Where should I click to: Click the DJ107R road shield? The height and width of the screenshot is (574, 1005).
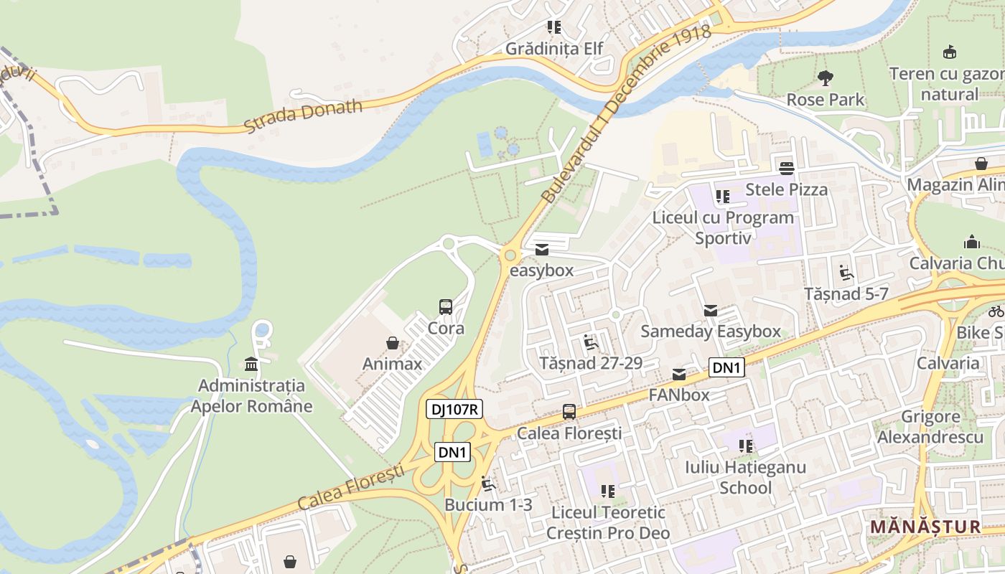tap(454, 410)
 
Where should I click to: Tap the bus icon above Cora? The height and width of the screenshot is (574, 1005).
tap(446, 307)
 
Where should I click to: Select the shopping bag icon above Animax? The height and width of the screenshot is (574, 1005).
tap(393, 342)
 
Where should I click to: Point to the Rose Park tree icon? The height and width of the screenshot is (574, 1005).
tap(826, 77)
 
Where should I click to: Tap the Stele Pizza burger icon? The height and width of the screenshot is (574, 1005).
tap(787, 168)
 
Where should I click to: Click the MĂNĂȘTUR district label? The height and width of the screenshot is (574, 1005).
tap(925, 527)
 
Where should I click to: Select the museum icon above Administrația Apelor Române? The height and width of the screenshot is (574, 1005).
tap(251, 364)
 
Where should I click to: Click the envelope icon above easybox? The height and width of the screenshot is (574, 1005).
tap(542, 249)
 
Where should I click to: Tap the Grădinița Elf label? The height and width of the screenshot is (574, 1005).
tap(554, 49)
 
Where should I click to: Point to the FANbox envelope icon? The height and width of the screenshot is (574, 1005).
tap(679, 374)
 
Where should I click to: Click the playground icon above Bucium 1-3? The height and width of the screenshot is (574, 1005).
tap(489, 484)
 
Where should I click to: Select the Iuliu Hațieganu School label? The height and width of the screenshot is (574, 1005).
tap(745, 477)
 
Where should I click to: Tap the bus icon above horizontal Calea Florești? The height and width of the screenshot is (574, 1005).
tap(569, 412)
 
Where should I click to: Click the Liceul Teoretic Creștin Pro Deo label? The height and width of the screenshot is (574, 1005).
tap(608, 522)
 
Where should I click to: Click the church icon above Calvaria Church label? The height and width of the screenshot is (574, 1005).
tap(972, 241)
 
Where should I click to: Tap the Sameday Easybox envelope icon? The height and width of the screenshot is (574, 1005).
tap(711, 310)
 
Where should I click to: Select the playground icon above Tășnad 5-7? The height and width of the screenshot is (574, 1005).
tap(846, 273)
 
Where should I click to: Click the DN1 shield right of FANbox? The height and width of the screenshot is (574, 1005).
tap(726, 368)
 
